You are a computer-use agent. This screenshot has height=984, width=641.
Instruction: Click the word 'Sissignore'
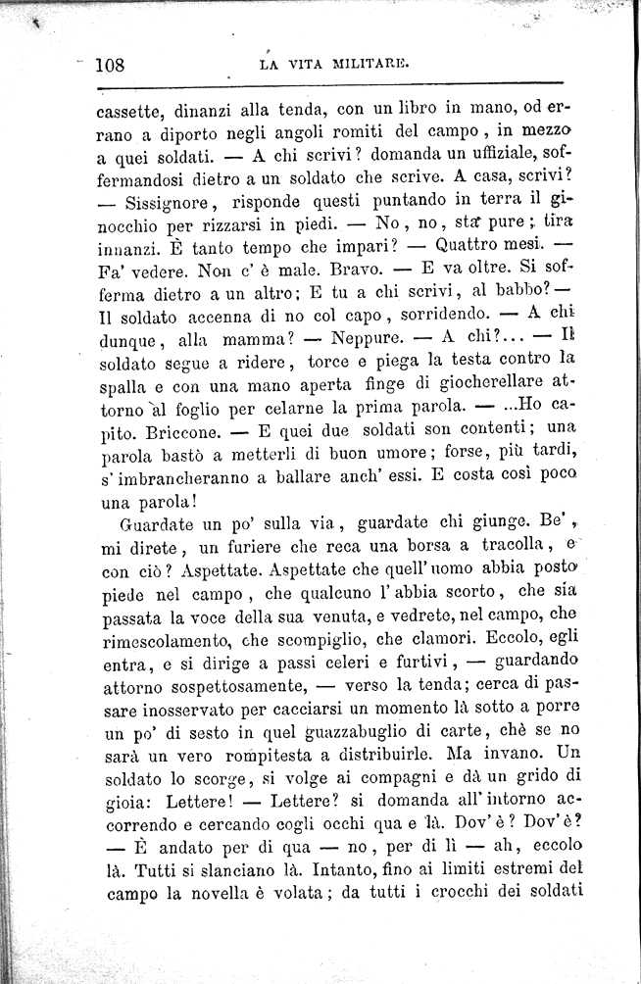175,204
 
